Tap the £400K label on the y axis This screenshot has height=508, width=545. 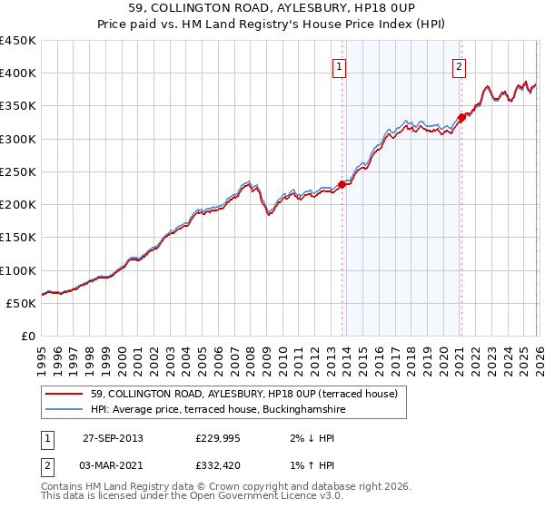[x=18, y=73]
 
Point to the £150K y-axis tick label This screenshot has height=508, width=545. [x=18, y=238]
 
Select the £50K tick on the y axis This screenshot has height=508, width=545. [x=22, y=303]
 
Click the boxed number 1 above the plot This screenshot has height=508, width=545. [x=339, y=65]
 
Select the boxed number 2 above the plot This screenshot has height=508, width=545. [x=459, y=65]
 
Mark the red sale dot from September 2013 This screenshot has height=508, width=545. [x=342, y=184]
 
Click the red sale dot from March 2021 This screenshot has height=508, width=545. [x=461, y=117]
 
